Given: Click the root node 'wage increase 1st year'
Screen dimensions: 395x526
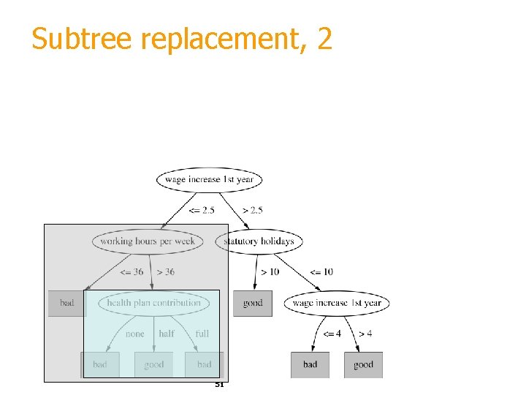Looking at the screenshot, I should click(209, 179).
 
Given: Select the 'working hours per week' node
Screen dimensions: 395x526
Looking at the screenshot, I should click(148, 241).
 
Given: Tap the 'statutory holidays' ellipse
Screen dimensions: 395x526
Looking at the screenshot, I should click(259, 241).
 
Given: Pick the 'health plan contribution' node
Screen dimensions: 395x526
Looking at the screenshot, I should click(153, 303).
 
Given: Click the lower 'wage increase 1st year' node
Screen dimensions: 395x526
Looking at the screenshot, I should click(337, 303).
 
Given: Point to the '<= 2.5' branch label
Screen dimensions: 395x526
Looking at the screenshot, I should click(202, 211).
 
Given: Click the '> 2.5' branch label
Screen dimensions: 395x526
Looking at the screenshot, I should click(253, 211).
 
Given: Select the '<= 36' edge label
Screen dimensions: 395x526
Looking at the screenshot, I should click(131, 272).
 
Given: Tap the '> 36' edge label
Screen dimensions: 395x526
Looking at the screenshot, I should click(165, 272).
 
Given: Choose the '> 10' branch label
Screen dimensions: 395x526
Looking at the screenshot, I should click(269, 272).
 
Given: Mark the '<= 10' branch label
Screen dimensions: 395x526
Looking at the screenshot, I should click(321, 272).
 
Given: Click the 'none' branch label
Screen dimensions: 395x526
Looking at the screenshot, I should click(135, 334).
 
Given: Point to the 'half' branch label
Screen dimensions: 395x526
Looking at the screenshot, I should click(167, 334).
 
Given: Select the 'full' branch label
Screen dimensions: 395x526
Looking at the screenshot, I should click(202, 334).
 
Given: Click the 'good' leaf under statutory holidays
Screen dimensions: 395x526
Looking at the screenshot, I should click(253, 303).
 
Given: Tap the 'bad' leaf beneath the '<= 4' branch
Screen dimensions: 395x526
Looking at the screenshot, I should click(310, 364).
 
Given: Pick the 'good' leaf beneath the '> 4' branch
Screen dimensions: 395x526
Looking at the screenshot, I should click(363, 364).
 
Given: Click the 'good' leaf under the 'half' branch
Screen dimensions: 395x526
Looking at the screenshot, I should click(154, 364).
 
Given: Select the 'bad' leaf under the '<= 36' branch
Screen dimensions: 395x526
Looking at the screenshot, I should click(66, 303).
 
